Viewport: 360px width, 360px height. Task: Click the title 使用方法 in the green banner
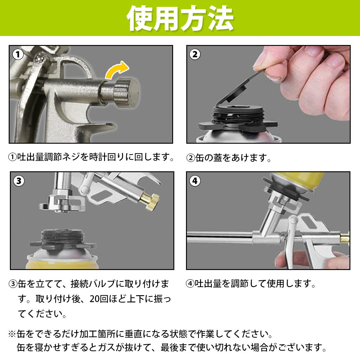pos(180,18)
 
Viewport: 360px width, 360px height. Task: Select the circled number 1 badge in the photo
pos(18,55)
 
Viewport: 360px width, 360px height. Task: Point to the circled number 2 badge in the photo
pos(195,54)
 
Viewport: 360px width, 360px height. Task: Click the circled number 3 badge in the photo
pos(19,181)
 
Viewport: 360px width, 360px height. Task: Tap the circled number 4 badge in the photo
pos(195,181)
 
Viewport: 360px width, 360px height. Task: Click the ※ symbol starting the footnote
pos(12,334)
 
